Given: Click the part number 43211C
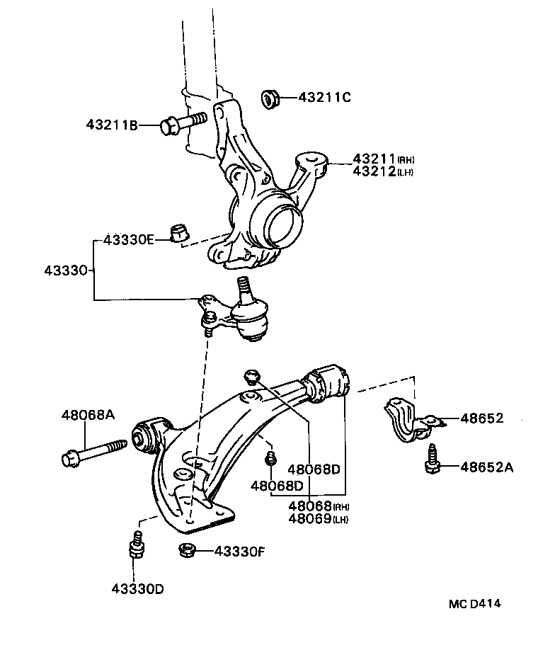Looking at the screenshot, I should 324,97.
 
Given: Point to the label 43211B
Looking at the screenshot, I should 112,125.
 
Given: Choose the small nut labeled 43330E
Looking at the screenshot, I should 180,232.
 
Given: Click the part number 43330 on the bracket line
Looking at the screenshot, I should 67,270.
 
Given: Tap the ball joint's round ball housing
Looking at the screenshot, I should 251,317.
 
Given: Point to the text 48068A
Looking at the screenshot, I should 87,416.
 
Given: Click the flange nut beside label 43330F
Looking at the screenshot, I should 187,549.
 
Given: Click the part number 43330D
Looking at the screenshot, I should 137,588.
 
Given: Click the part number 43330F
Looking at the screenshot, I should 241,550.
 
